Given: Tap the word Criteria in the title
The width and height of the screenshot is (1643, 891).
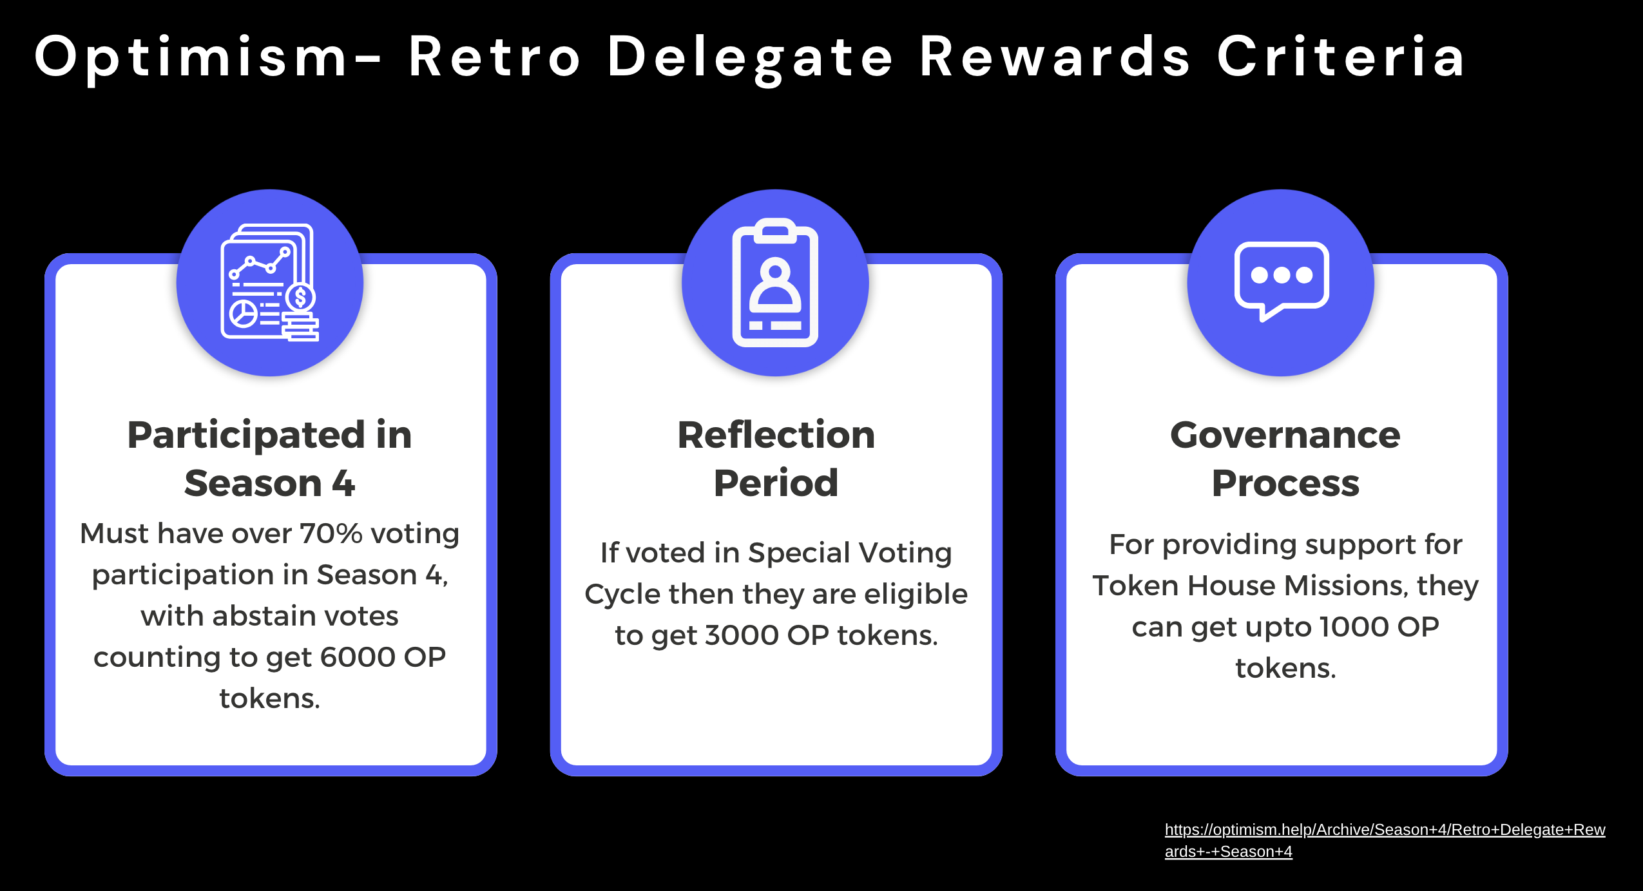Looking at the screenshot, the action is click(1341, 57).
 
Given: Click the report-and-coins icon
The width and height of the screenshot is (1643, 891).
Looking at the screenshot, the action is click(269, 282).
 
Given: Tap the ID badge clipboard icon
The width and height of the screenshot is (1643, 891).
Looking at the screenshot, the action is click(775, 283).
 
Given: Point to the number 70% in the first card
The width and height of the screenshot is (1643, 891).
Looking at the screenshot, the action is click(331, 533).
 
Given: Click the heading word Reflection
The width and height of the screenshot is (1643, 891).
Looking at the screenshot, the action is click(776, 435).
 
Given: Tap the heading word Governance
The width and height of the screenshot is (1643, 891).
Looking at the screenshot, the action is click(1285, 435).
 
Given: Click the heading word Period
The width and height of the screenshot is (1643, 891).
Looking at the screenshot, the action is click(776, 483).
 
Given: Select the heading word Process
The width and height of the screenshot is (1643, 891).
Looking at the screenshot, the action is click(1285, 483).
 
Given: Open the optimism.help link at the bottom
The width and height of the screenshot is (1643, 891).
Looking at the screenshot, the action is click(1385, 840).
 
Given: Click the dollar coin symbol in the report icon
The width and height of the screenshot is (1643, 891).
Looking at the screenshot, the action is click(300, 298).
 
